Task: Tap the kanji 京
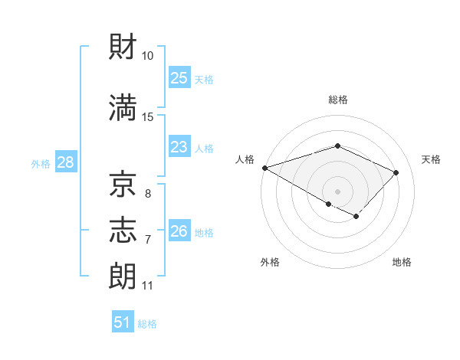coord(123,185)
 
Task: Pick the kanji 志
coord(123,229)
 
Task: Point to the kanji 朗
coord(123,274)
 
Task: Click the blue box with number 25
coord(179,78)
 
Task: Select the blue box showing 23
coord(179,147)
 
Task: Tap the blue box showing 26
coord(179,231)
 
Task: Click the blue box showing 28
coord(64,162)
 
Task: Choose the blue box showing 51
coord(123,322)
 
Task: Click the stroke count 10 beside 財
coord(148,56)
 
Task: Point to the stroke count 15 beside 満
coord(148,116)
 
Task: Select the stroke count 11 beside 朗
coord(147,286)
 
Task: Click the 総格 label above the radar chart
coord(337,100)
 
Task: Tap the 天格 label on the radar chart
coord(432,159)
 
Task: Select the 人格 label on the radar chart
coord(245,159)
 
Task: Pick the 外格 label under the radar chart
coord(270,262)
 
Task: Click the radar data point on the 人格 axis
coord(264,168)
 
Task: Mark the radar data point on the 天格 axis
coord(396,172)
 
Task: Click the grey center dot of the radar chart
coord(337,191)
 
